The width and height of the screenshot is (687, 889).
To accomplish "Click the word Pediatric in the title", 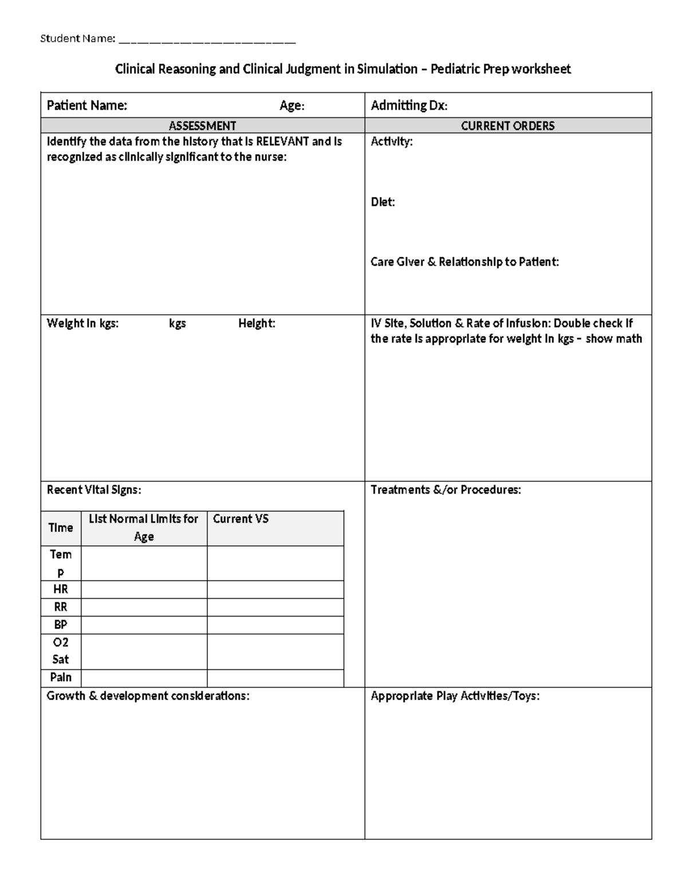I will click(x=455, y=69).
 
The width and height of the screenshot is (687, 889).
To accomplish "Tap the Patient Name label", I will click(x=86, y=105).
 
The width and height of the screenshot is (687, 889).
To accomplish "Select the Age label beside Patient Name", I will click(x=291, y=105).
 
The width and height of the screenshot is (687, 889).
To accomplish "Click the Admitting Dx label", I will click(x=409, y=105).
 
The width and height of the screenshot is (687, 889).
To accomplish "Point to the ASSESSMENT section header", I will click(x=202, y=126).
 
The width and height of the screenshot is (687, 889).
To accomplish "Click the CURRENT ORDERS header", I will click(x=507, y=126).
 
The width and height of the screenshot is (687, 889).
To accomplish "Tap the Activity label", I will click(x=391, y=141).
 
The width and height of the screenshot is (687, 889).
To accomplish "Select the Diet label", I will click(x=382, y=202).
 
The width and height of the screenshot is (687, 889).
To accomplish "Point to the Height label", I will click(x=256, y=323).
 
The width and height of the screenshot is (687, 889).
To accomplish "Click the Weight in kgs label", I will click(x=82, y=323).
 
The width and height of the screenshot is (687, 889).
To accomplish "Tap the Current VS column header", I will click(x=240, y=519).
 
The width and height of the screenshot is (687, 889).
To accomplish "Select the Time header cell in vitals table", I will click(x=61, y=528).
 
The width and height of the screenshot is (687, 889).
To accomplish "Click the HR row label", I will click(x=61, y=590).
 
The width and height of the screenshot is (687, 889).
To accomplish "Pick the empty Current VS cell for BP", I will click(x=275, y=625).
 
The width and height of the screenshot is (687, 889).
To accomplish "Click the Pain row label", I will click(x=61, y=678).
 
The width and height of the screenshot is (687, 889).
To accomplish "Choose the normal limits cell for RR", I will click(x=144, y=607).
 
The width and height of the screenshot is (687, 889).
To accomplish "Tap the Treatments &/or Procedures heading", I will click(x=445, y=490).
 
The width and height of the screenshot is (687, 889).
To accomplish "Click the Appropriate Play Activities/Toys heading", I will click(x=455, y=696).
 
